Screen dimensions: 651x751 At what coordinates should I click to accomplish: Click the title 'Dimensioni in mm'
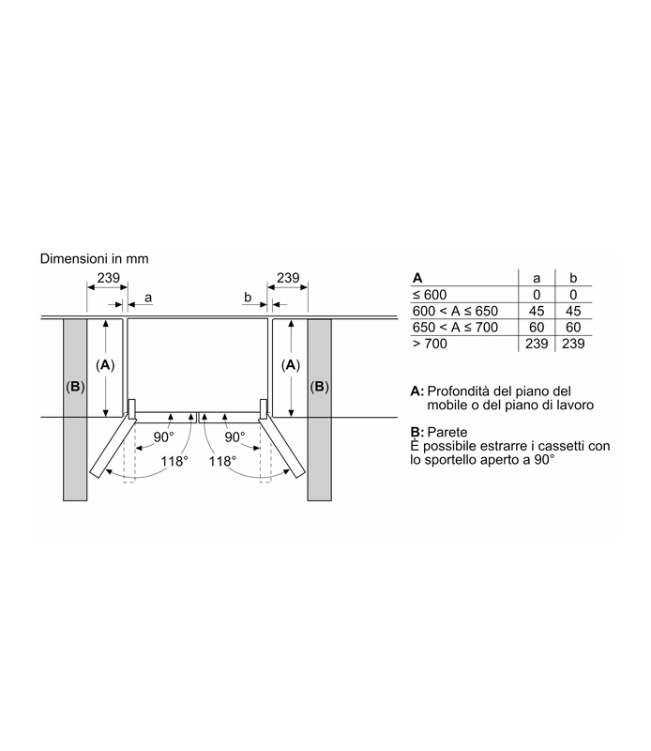[x=95, y=259]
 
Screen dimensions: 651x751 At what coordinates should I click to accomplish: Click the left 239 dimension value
[x=108, y=278]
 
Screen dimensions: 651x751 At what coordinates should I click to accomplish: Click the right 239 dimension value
[x=288, y=278]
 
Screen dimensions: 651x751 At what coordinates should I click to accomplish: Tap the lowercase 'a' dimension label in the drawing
[x=148, y=298]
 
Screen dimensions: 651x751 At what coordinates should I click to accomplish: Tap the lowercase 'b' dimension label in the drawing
[x=248, y=298]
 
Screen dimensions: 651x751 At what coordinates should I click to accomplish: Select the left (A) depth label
[x=105, y=365]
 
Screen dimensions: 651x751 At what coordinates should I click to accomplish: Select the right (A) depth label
[x=290, y=365]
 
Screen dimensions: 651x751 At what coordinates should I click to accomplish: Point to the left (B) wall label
[x=75, y=387]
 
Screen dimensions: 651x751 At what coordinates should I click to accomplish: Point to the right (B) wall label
[x=319, y=387]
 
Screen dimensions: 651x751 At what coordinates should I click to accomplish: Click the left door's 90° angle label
[x=164, y=437]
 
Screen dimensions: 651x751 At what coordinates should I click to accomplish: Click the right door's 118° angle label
[x=222, y=461]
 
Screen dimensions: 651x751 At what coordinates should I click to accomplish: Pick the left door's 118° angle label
[x=174, y=461]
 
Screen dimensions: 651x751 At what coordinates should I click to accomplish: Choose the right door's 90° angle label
[x=235, y=437]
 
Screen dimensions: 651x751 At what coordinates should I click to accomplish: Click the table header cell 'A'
[x=417, y=278]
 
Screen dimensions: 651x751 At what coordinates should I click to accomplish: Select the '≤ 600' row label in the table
[x=430, y=295]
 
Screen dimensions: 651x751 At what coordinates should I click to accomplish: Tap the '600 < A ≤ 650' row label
[x=455, y=312]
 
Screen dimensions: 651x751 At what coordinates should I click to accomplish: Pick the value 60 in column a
[x=537, y=328]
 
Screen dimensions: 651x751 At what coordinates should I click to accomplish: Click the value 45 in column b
[x=573, y=312]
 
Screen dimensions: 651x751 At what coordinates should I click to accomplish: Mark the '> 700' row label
[x=430, y=344]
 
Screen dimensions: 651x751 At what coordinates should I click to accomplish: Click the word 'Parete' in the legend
[x=447, y=432]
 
